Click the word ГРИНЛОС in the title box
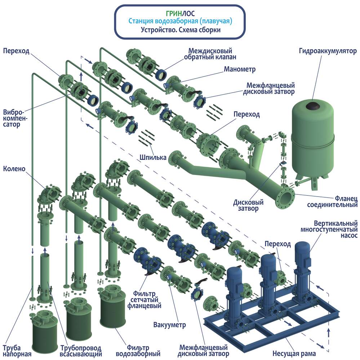click(x=180, y=14)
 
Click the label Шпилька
click(x=153, y=157)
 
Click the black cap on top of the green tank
click(x=312, y=105)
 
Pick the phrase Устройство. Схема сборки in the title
click(x=180, y=30)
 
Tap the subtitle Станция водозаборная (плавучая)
click(x=180, y=22)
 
